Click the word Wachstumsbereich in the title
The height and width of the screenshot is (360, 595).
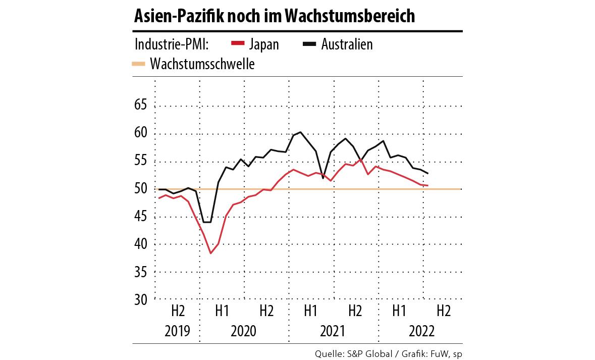click(x=350, y=17)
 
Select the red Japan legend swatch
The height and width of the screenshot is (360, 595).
click(x=237, y=44)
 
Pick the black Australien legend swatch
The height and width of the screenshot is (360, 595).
click(x=309, y=44)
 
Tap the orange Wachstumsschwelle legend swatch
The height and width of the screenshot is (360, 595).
click(x=138, y=64)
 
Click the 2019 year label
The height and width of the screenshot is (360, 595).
click(x=178, y=331)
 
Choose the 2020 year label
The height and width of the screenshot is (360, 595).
click(x=244, y=331)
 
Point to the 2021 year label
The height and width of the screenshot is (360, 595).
click(x=333, y=331)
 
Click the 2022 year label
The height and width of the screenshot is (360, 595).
click(x=421, y=331)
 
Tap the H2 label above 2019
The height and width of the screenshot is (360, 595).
click(x=178, y=311)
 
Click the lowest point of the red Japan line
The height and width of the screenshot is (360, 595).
click(x=210, y=253)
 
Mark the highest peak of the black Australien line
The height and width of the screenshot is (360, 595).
click(x=301, y=132)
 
